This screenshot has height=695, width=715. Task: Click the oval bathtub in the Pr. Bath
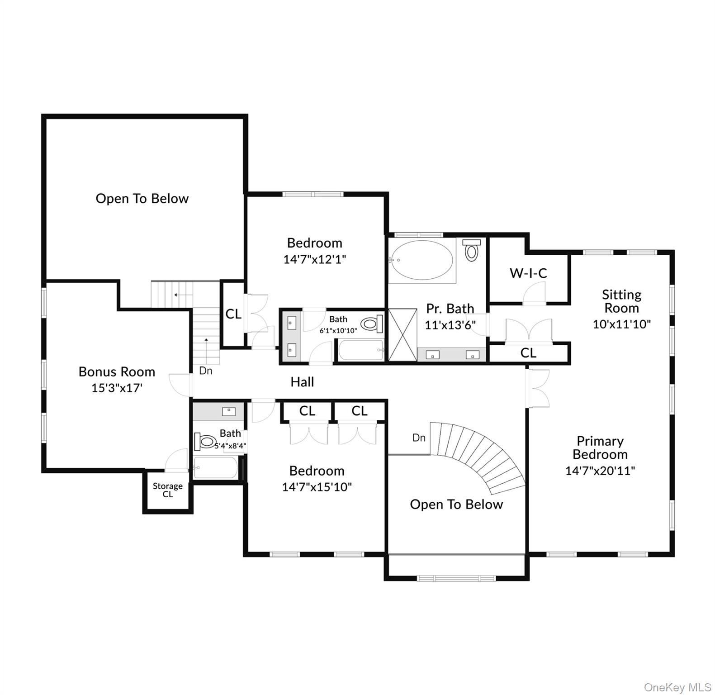click(422, 261)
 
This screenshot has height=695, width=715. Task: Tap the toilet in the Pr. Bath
click(471, 250)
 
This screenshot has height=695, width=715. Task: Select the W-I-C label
click(528, 273)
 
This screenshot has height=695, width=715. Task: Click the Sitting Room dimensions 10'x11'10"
click(621, 324)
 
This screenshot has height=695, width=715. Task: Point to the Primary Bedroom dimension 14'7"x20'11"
click(600, 471)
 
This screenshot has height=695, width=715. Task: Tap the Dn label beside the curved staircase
click(419, 438)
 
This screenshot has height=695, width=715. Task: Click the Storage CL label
click(167, 490)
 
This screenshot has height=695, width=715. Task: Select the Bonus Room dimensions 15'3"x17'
click(117, 388)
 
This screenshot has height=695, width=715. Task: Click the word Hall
click(302, 382)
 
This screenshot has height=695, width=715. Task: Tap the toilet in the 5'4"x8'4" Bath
click(206, 441)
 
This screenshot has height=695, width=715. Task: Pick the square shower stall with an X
click(402, 335)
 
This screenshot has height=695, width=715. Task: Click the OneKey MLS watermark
click(677, 687)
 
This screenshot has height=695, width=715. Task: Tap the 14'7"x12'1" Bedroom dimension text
click(314, 259)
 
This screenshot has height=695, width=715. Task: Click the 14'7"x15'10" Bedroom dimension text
click(317, 487)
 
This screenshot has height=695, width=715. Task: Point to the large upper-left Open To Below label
click(142, 199)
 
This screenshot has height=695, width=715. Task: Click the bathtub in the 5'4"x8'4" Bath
click(215, 467)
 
